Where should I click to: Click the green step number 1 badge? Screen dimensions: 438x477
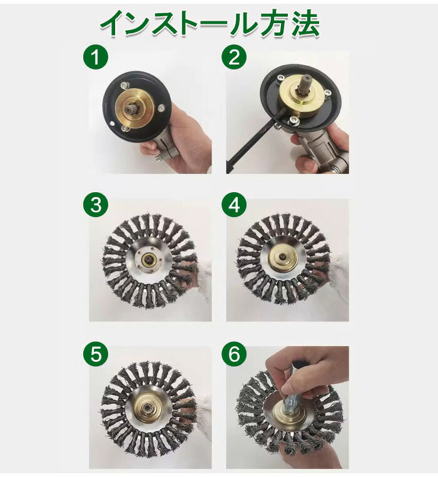pyautogui.click(x=96, y=57)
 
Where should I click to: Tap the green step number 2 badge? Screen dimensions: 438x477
pyautogui.click(x=234, y=57)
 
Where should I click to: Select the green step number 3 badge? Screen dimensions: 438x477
pyautogui.click(x=96, y=205)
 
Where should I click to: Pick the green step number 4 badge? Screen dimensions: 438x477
pyautogui.click(x=234, y=205)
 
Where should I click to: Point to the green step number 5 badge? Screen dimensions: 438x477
pyautogui.click(x=96, y=354)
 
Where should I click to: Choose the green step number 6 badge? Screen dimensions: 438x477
pyautogui.click(x=234, y=354)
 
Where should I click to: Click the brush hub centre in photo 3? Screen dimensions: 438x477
pyautogui.click(x=149, y=259)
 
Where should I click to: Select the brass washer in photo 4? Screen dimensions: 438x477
pyautogui.click(x=283, y=259)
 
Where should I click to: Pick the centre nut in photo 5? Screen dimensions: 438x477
pyautogui.click(x=148, y=406)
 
